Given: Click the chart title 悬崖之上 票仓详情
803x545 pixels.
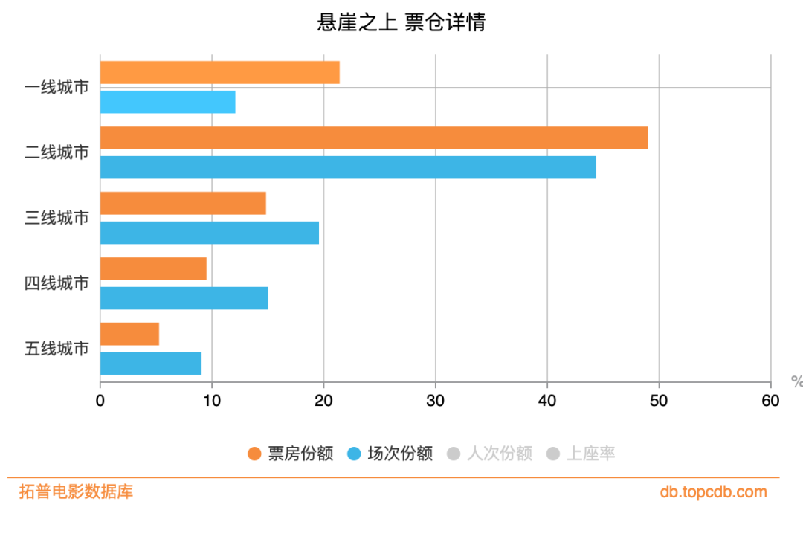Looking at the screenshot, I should click(401, 23).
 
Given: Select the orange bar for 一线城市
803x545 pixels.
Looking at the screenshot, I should click(219, 72).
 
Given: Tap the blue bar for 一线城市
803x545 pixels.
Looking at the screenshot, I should click(167, 102).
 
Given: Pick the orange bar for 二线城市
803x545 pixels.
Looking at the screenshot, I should click(374, 138).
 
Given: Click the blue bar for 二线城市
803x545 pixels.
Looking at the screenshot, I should click(347, 167).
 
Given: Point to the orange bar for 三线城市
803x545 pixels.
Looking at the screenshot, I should click(183, 203).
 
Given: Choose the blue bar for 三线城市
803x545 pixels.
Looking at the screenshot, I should click(209, 233).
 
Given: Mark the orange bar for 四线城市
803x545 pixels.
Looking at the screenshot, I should click(153, 268).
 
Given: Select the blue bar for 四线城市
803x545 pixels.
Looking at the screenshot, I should click(184, 298).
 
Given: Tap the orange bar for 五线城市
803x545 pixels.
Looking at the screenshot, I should click(129, 334).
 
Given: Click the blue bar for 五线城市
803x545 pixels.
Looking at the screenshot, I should click(150, 364).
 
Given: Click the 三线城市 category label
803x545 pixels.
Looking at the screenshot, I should click(57, 218).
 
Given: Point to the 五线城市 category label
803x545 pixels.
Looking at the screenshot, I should click(57, 349).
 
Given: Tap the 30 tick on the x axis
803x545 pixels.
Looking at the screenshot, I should click(435, 401).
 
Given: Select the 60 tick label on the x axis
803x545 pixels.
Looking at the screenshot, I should click(770, 401).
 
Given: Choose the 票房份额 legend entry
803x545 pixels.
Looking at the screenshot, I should click(291, 454).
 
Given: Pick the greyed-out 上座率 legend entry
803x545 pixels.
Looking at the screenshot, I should click(581, 454).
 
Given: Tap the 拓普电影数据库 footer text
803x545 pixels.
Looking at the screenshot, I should click(76, 492).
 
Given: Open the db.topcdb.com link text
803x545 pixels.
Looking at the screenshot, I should click(713, 492).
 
